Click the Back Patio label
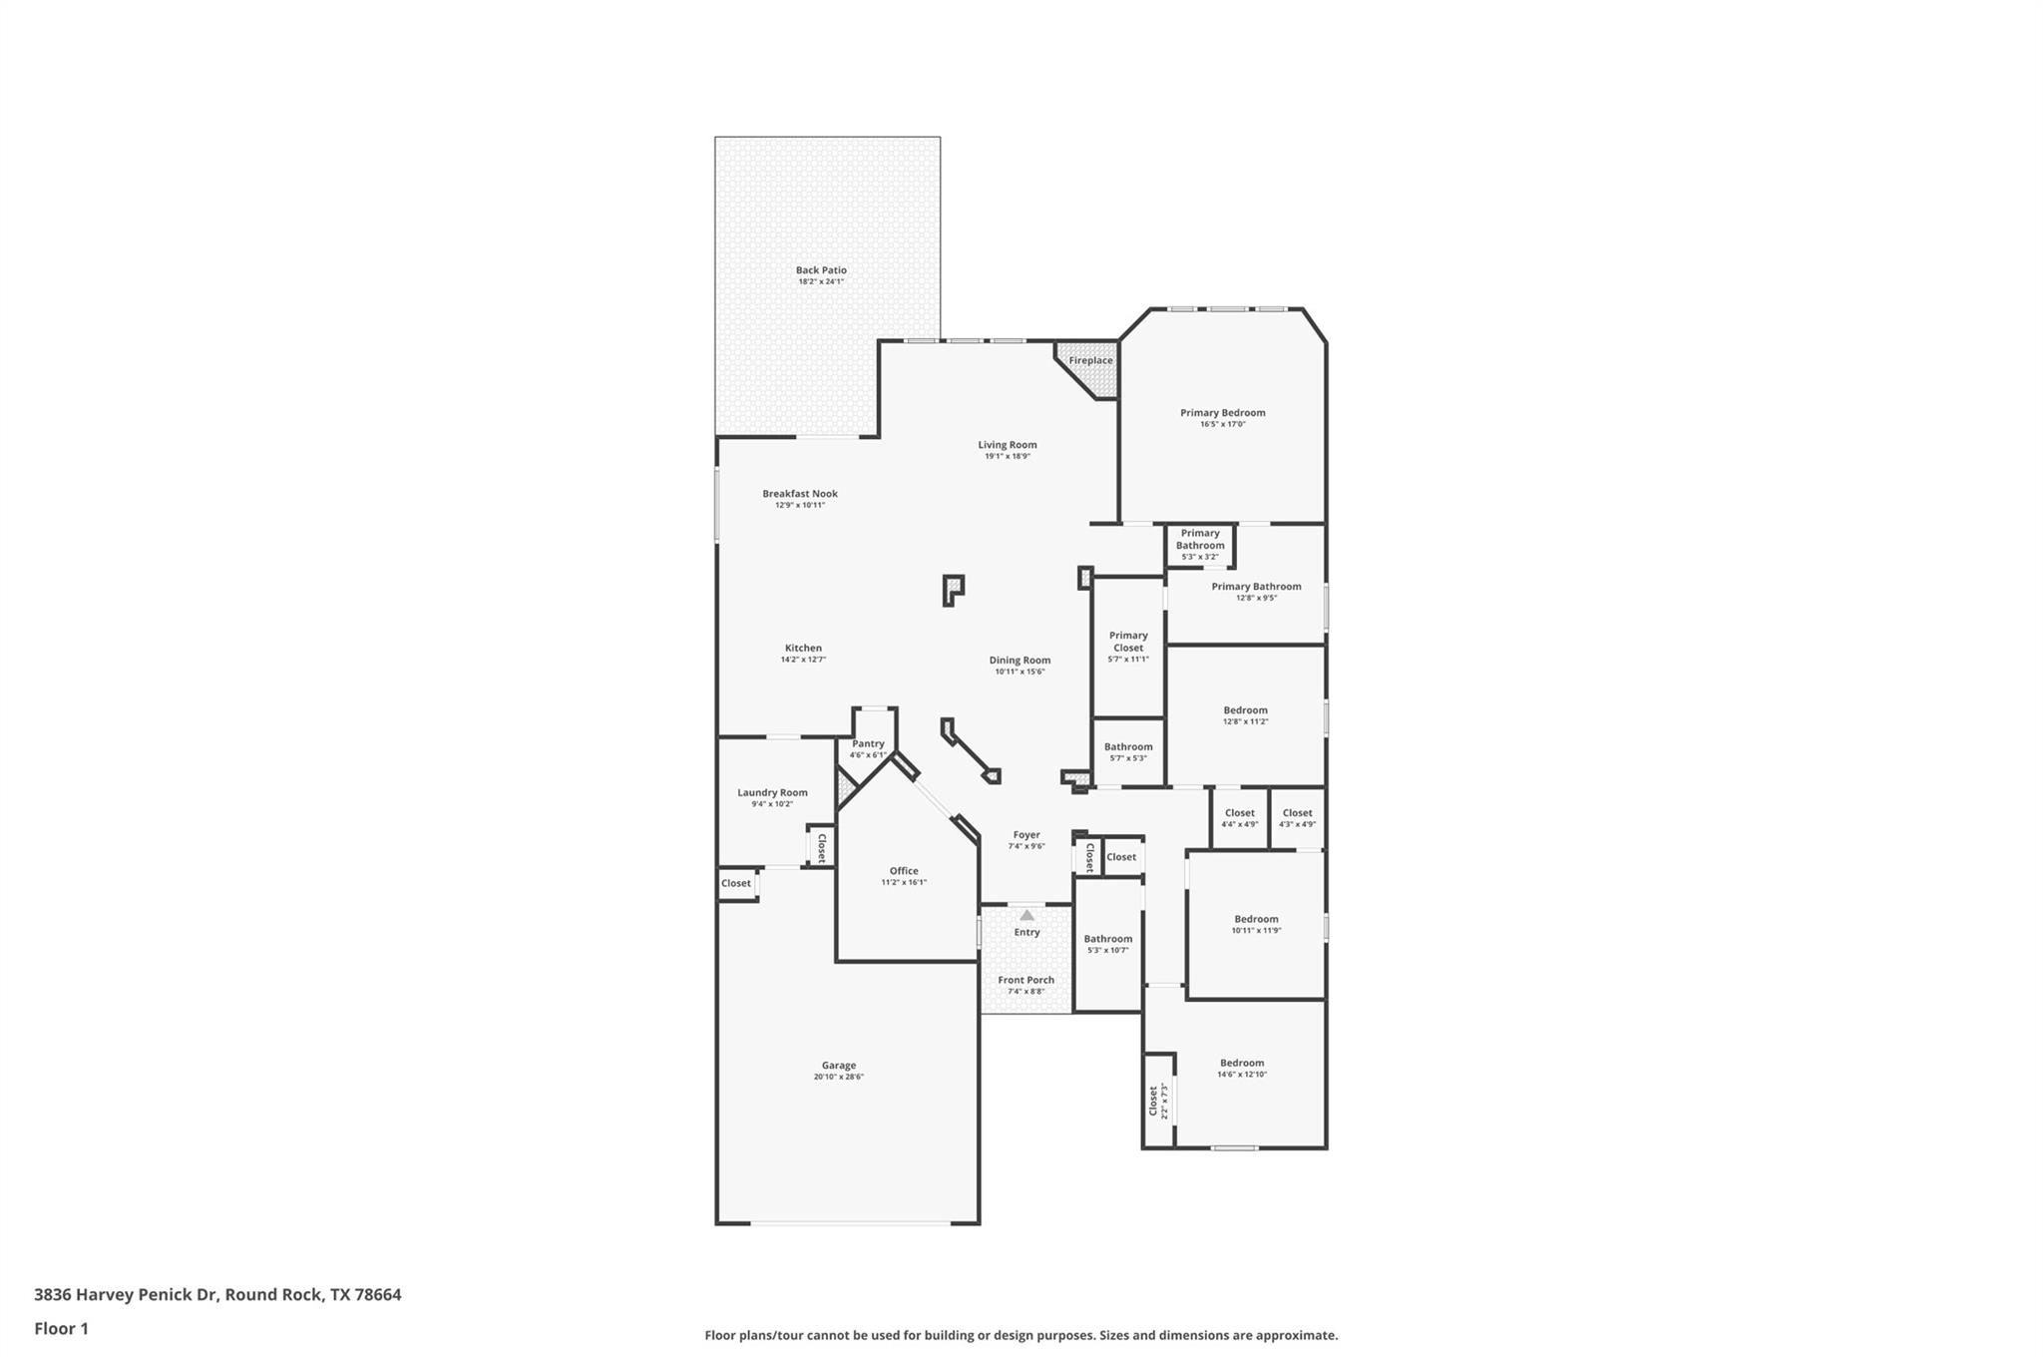[x=821, y=270]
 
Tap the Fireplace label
[x=1090, y=361]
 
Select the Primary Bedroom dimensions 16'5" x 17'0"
[x=1222, y=425]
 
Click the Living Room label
[x=1007, y=445]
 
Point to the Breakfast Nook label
[x=800, y=494]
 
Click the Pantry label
[x=868, y=744]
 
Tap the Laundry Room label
[x=772, y=793]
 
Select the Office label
[x=904, y=871]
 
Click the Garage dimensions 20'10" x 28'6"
[x=838, y=1078]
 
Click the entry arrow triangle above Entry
[x=1026, y=915]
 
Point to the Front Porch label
[x=1025, y=981]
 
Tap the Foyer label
[x=1026, y=835]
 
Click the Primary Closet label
[x=1128, y=642]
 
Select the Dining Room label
[x=1020, y=661]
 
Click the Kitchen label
[x=803, y=649]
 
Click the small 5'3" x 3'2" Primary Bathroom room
[x=1200, y=545]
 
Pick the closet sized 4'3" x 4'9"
[x=1297, y=818]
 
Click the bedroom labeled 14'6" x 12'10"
[x=1241, y=1069]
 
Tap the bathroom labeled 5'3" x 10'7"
[x=1107, y=944]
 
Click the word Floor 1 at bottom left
[x=62, y=1329]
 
